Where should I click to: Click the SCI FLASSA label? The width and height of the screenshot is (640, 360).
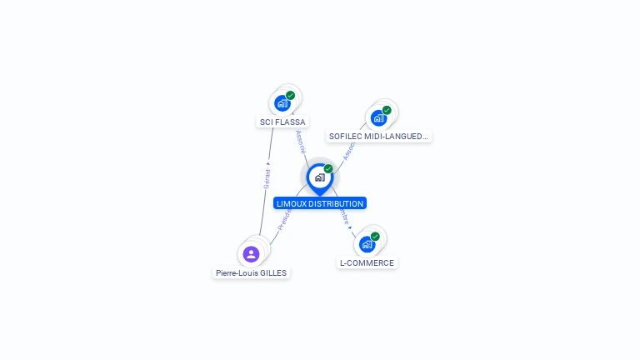pyautogui.click(x=282, y=122)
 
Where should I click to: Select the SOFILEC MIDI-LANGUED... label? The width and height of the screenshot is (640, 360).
pyautogui.click(x=379, y=136)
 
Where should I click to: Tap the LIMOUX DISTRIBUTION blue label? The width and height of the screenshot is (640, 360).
pyautogui.click(x=320, y=203)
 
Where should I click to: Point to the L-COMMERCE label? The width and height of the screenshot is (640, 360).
pyautogui.click(x=367, y=262)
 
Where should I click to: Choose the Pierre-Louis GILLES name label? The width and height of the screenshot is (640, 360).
pyautogui.click(x=251, y=272)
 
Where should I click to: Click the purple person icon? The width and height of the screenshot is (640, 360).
pyautogui.click(x=251, y=253)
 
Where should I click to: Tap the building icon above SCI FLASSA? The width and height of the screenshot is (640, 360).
pyautogui.click(x=282, y=103)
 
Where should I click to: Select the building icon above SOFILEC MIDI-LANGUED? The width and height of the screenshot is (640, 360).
pyautogui.click(x=378, y=117)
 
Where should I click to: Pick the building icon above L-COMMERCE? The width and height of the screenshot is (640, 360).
pyautogui.click(x=367, y=244)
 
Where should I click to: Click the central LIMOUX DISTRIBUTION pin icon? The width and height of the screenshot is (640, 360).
pyautogui.click(x=319, y=177)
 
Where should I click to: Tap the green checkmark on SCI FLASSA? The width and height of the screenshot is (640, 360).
pyautogui.click(x=291, y=95)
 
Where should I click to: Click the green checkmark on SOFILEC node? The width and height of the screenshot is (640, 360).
pyautogui.click(x=387, y=110)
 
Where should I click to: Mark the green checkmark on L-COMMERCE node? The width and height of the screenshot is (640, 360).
pyautogui.click(x=375, y=237)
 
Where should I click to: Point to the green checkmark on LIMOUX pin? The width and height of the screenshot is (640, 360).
pyautogui.click(x=328, y=168)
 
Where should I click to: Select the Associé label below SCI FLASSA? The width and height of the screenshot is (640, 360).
pyautogui.click(x=300, y=141)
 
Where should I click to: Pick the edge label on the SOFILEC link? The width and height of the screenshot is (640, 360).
pyautogui.click(x=349, y=148)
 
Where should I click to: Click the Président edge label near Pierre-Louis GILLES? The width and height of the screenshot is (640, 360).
pyautogui.click(x=284, y=219)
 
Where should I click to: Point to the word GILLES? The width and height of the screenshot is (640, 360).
pyautogui.click(x=273, y=272)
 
